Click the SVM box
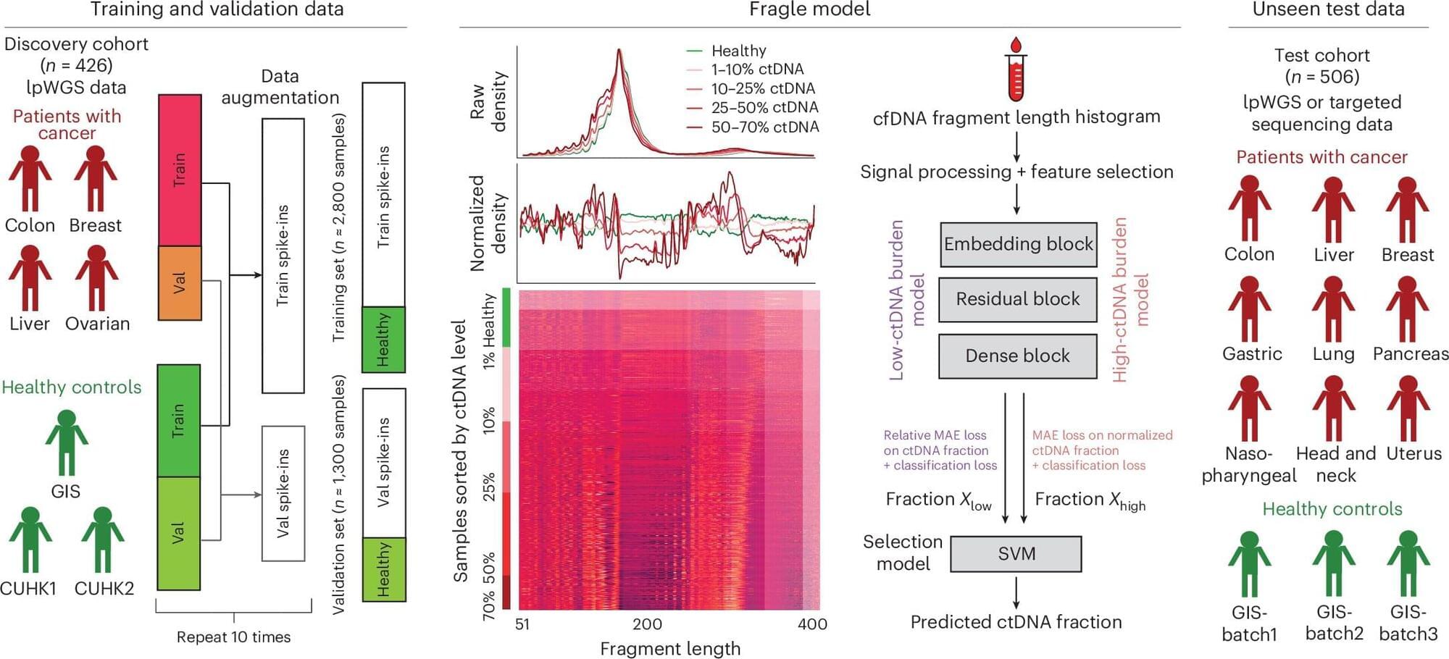coord(1016,554)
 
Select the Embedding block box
coord(1018,245)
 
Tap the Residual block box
coord(1018,299)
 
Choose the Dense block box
coord(1018,356)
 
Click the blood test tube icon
coord(1016,70)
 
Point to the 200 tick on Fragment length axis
coord(647,624)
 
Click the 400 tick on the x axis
coord(812,624)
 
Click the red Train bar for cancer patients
coord(180,170)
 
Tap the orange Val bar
coord(180,283)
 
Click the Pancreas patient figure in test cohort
coord(1407,309)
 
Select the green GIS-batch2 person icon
coord(1333,564)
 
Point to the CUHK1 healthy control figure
coord(30,540)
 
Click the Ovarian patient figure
coord(96,278)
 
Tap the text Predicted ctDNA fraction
coord(1016,622)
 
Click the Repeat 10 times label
coord(233,637)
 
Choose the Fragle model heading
coord(809,9)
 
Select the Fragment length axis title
coord(670,649)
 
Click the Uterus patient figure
coord(1408,408)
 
